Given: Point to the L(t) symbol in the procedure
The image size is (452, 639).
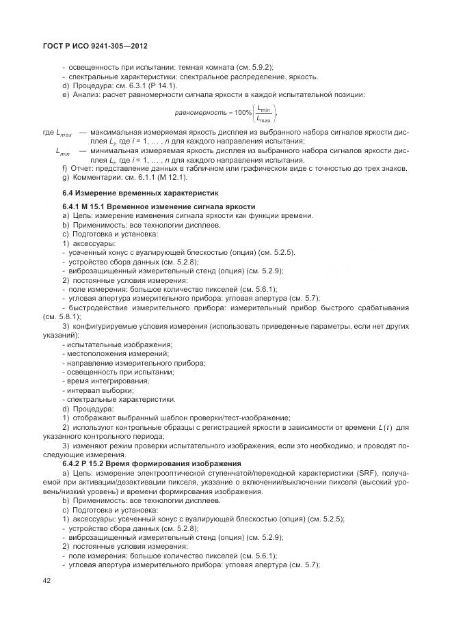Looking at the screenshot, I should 386,427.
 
